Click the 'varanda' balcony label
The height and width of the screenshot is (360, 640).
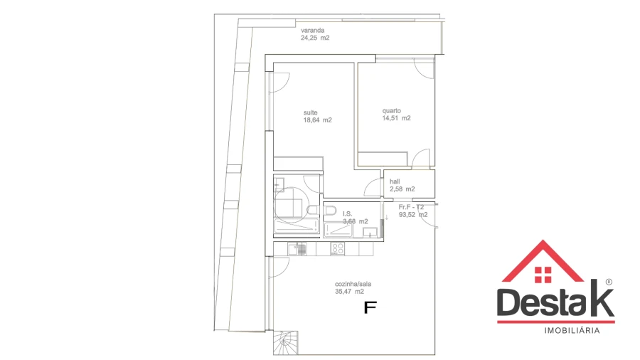point(313,31)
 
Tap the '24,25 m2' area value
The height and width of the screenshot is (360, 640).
point(315,38)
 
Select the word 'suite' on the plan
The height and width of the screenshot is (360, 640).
point(310,112)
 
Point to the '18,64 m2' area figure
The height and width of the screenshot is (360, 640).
point(317,120)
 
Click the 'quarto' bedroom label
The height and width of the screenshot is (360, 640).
point(392,110)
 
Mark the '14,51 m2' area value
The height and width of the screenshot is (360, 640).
point(396,119)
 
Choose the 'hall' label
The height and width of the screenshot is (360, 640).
point(395,181)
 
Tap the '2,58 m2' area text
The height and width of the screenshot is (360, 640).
point(402,189)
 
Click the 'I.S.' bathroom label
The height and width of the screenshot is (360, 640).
point(348,213)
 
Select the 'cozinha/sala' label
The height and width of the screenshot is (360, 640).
point(353,283)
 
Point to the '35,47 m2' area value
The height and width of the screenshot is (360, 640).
point(349,291)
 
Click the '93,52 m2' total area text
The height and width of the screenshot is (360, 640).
point(413,214)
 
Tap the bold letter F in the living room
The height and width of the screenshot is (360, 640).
point(369,307)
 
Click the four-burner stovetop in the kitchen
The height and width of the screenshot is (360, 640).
point(338,249)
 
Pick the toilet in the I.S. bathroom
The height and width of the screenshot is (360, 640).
point(310,210)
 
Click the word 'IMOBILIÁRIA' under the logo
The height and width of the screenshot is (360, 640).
point(572,331)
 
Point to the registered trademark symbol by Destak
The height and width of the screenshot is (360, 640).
point(608,281)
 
